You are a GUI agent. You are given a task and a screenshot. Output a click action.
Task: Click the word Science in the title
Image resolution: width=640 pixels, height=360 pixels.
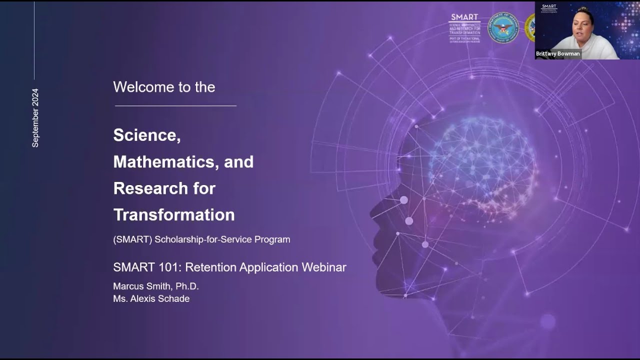(146, 135)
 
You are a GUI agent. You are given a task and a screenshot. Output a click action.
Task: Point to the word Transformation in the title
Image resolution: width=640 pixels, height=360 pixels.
(174, 215)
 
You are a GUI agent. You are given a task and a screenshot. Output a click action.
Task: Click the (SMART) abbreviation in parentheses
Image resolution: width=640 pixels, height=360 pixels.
(132, 239)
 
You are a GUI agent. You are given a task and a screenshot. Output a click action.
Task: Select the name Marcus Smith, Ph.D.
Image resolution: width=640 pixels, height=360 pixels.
(156, 286)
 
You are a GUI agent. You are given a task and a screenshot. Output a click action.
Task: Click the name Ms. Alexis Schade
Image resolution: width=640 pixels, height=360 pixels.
(151, 299)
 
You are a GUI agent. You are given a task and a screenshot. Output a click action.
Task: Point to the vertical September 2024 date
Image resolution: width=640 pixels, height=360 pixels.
(35, 118)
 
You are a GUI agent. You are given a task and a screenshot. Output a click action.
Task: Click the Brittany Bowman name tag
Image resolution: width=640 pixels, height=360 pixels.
(558, 54)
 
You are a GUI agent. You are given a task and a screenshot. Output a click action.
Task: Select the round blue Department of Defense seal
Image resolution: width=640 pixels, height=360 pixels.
(503, 28)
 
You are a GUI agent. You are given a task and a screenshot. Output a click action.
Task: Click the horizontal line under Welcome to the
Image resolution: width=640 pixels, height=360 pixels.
(175, 105)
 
